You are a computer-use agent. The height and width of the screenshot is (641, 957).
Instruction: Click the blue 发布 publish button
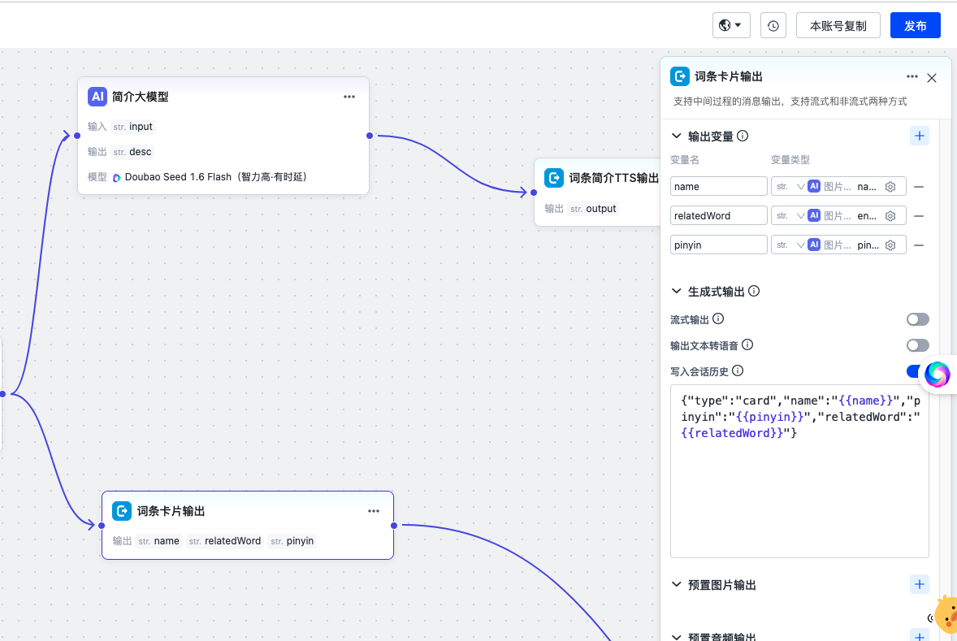915,26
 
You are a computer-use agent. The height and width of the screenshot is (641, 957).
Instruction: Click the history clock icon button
773,26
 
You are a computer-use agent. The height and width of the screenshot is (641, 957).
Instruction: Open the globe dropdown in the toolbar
731,26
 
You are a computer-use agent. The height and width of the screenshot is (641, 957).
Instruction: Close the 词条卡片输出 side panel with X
931,77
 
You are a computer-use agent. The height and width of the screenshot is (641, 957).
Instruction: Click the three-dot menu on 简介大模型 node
349,97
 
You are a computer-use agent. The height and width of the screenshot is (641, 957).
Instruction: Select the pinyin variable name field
718,245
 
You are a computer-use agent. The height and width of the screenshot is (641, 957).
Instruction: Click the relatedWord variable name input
718,215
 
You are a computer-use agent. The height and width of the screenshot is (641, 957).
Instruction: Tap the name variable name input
718,186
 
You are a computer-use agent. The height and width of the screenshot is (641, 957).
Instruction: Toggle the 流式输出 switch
917,319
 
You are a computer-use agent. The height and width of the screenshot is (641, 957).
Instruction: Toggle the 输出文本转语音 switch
917,345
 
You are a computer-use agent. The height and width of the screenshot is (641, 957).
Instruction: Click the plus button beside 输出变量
919,136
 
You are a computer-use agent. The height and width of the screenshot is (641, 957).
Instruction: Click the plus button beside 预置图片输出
919,584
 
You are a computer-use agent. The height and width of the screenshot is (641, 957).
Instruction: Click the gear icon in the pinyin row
890,245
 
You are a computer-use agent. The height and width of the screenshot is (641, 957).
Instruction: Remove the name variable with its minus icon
919,187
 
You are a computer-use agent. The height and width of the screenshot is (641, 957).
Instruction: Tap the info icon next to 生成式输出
755,291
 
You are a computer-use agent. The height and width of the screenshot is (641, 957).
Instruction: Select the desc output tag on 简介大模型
132,152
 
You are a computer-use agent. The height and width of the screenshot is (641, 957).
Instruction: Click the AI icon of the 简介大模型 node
97,97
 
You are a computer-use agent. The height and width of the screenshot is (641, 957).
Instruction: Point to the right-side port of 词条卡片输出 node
394,525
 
